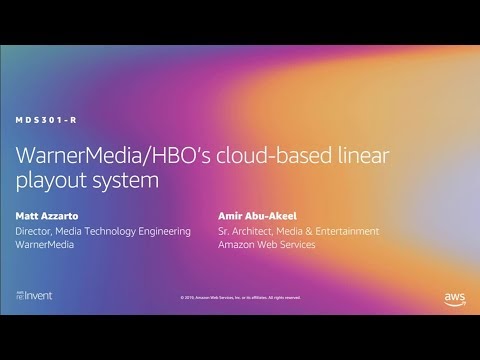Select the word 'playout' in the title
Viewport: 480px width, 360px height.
tap(49, 182)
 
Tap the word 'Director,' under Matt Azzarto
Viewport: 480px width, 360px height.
tap(36, 231)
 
